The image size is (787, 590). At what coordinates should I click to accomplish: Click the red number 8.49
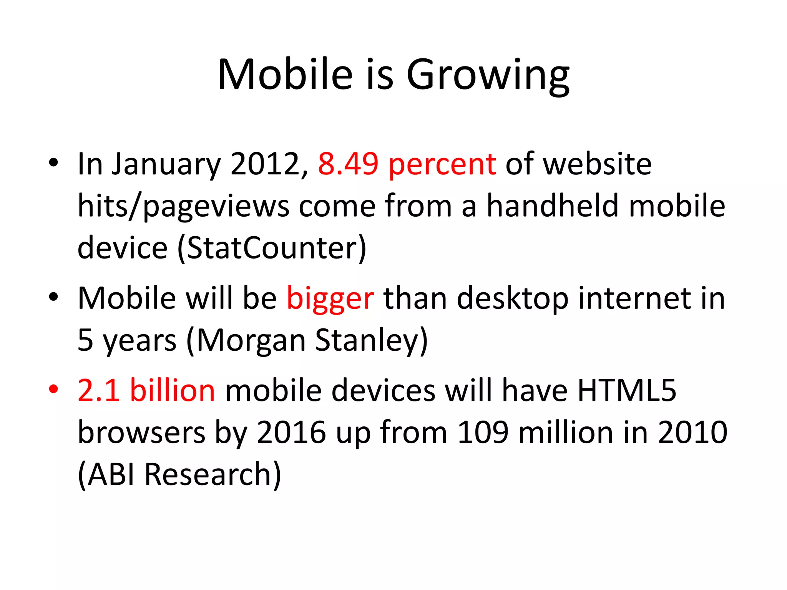pyautogui.click(x=348, y=164)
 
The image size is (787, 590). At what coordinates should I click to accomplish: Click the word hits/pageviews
pyautogui.click(x=183, y=207)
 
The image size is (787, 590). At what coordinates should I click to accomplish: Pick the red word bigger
pyautogui.click(x=330, y=299)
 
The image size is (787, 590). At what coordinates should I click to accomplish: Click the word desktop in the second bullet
pyautogui.click(x=513, y=299)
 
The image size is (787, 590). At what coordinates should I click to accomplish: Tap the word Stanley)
pyautogui.click(x=371, y=340)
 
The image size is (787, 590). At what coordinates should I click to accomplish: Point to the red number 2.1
pyautogui.click(x=98, y=390)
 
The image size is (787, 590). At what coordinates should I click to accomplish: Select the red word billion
pyautogui.click(x=173, y=390)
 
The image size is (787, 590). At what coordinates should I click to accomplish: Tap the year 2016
pyautogui.click(x=292, y=433)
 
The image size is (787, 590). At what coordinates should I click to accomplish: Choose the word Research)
pyautogui.click(x=213, y=475)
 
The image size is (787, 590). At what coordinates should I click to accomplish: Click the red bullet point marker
pyautogui.click(x=53, y=389)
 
